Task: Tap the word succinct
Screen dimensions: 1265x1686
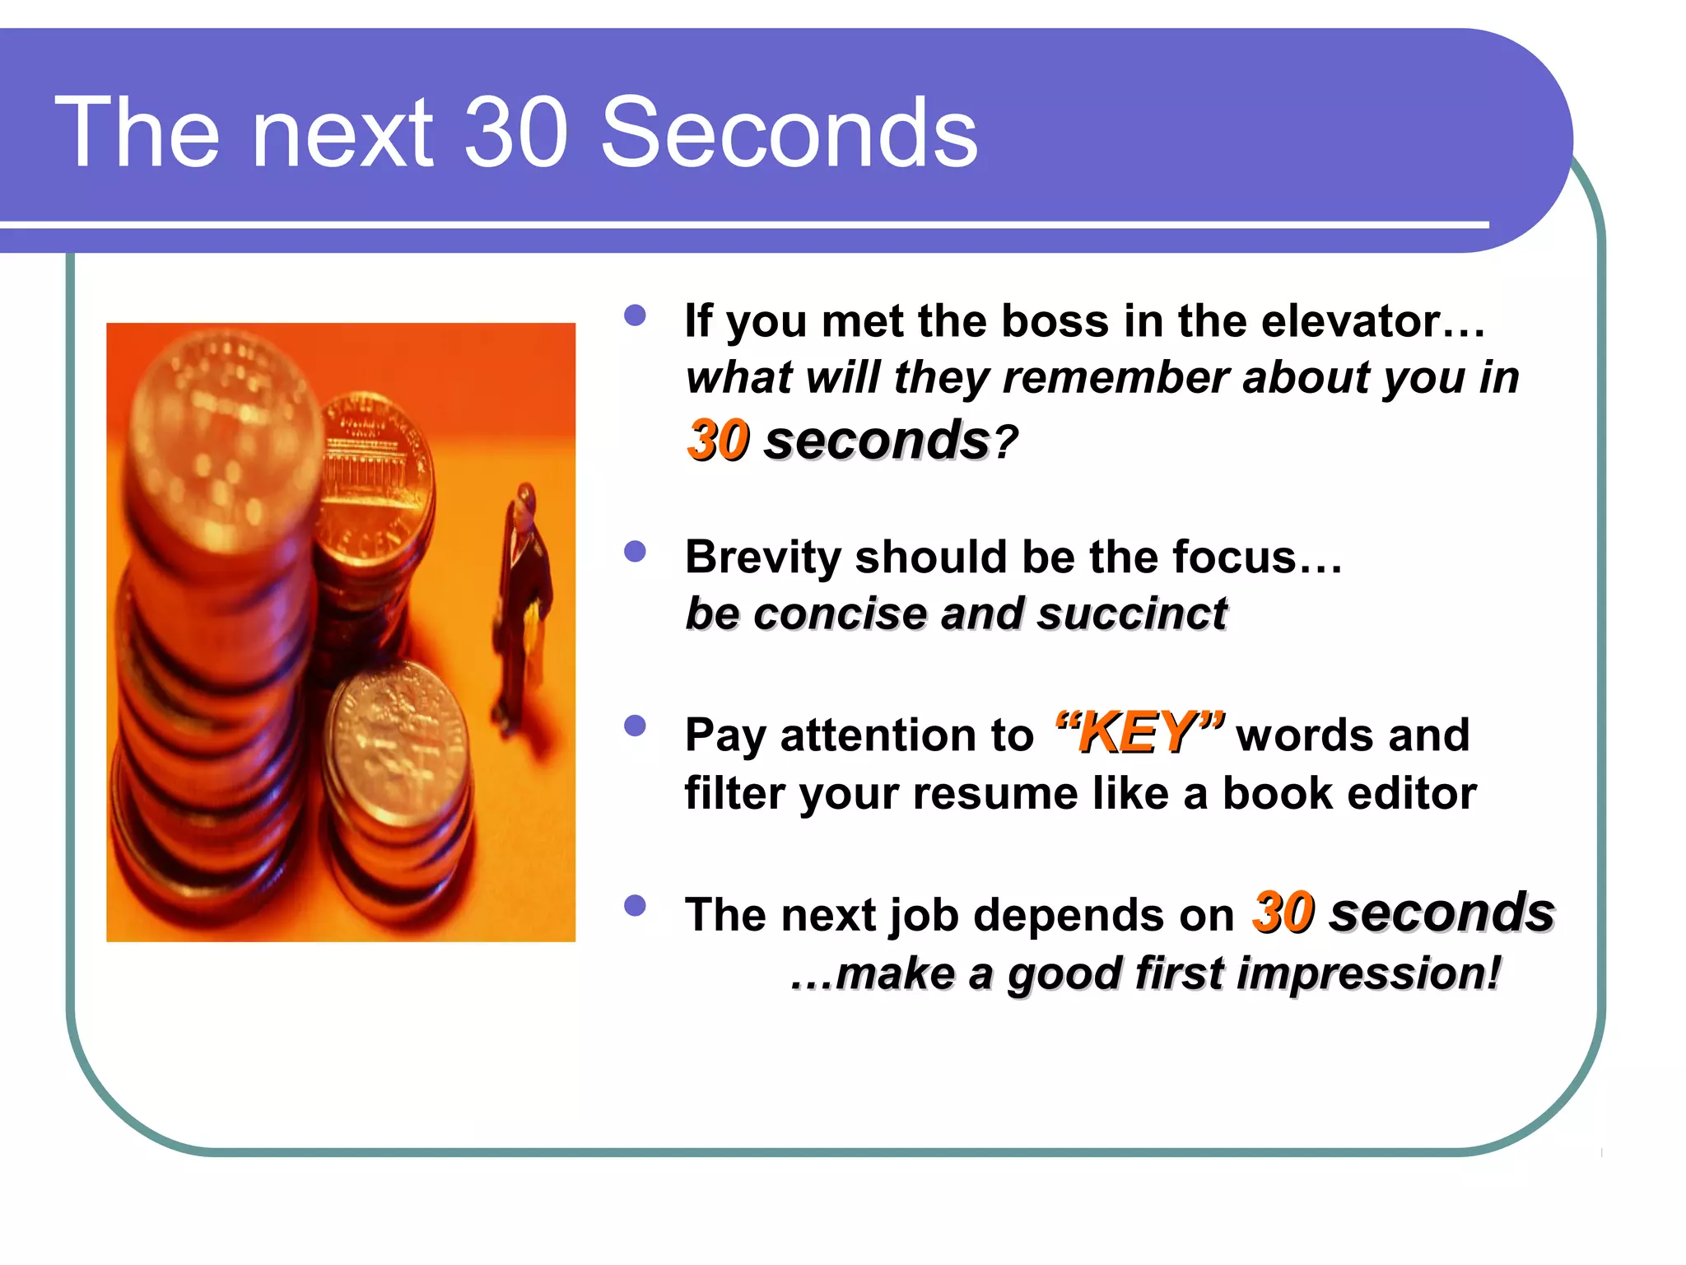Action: (x=1132, y=614)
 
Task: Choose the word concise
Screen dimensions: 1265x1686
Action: (x=841, y=614)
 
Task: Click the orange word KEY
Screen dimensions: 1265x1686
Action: (x=1139, y=732)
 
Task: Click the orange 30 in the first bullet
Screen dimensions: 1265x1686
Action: (x=718, y=441)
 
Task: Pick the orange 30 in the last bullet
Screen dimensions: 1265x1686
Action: (x=1283, y=913)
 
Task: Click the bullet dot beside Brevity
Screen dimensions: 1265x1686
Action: (x=635, y=551)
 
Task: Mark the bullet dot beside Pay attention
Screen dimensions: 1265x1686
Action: (x=635, y=726)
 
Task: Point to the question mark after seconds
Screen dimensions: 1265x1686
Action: (x=1005, y=442)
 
